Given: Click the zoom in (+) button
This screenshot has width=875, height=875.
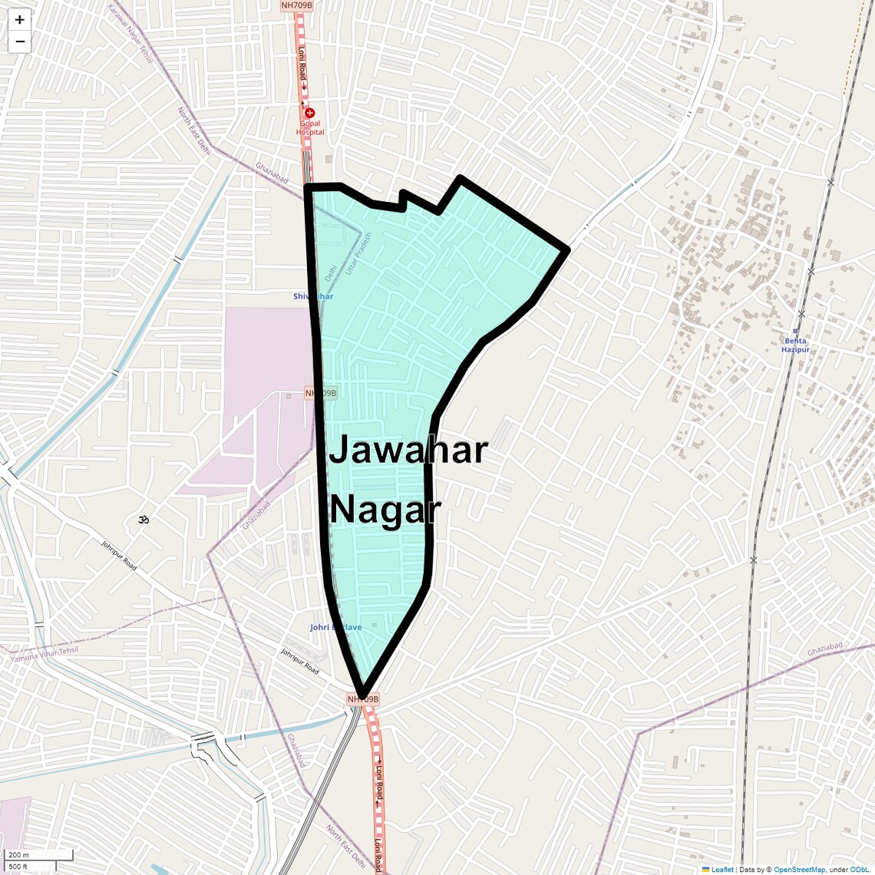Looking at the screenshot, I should point(19,20).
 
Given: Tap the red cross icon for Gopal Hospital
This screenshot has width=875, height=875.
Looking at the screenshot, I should point(310,113).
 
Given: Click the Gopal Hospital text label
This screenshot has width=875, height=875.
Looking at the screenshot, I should point(310,127).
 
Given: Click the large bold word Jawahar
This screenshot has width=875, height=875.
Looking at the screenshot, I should point(408,450).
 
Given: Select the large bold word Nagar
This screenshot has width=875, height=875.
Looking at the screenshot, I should point(385,510).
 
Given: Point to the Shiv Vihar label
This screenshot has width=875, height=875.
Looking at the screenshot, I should point(313,296).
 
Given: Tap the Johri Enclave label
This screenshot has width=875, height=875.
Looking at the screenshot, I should point(335,627).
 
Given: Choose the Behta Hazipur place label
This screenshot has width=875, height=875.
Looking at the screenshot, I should point(795,345).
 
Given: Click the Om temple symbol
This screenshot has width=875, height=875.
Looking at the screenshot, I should point(143,520).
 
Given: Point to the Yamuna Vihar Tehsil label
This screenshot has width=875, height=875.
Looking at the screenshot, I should point(45,654).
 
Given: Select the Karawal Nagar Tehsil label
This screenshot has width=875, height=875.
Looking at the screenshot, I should point(130,34).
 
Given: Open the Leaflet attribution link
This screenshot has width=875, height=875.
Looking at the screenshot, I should point(721,870).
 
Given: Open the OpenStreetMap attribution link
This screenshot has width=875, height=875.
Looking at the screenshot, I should point(799,870).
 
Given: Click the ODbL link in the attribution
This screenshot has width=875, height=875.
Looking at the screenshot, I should point(859,870).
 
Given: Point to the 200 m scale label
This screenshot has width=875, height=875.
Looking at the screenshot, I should point(18,855).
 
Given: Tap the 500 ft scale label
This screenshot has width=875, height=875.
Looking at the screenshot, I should point(18,867).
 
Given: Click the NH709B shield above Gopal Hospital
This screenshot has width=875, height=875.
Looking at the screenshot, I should point(297,5).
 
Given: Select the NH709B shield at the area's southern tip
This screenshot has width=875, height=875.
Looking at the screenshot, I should point(363,699).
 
